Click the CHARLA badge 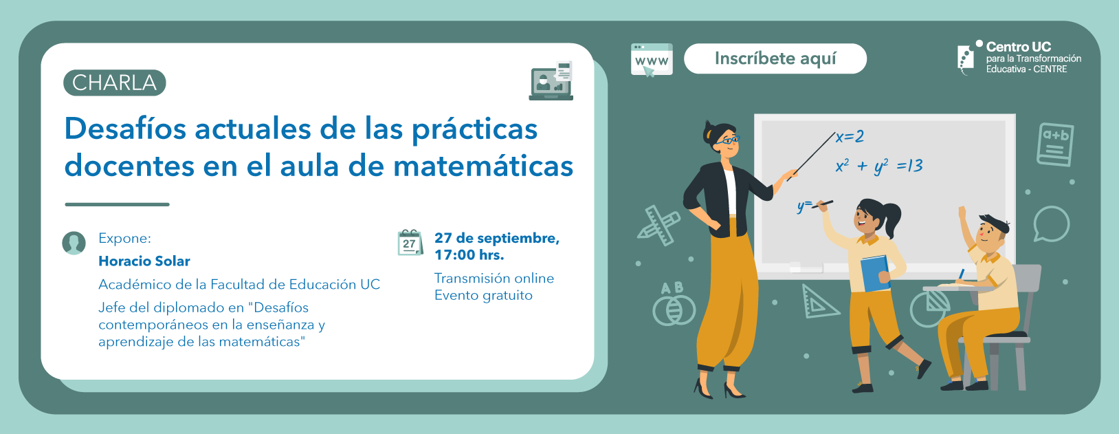pyautogui.click(x=114, y=83)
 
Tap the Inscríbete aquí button pyautogui.click(x=775, y=58)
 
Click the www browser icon pyautogui.click(x=652, y=60)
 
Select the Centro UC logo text pyautogui.click(x=1033, y=58)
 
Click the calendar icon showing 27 pyautogui.click(x=410, y=243)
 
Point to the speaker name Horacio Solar pyautogui.click(x=144, y=261)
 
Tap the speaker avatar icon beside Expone pyautogui.click(x=74, y=243)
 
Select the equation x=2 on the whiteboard pyautogui.click(x=850, y=136)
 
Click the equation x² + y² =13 pyautogui.click(x=879, y=166)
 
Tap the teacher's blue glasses pyautogui.click(x=728, y=140)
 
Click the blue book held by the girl pyautogui.click(x=875, y=273)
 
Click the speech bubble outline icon pyautogui.click(x=1051, y=224)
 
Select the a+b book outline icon pyautogui.click(x=1055, y=145)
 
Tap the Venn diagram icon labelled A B pyautogui.click(x=674, y=304)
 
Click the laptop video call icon pyautogui.click(x=551, y=80)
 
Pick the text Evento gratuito pyautogui.click(x=483, y=296)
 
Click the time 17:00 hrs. pyautogui.click(x=469, y=255)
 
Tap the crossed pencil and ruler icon pyautogui.click(x=659, y=225)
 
